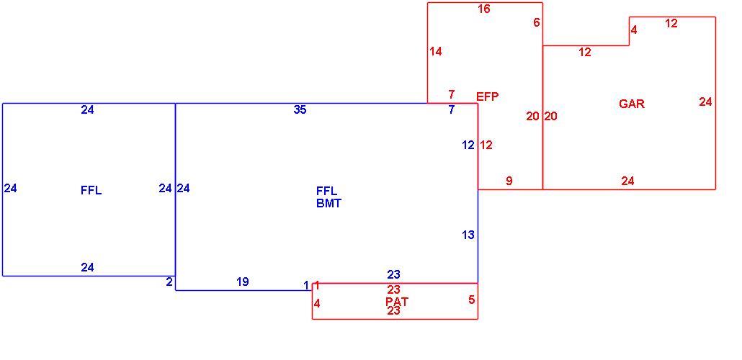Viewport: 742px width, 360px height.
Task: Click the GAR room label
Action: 632,104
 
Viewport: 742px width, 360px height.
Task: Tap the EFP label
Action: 488,97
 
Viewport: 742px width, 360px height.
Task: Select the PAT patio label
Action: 396,301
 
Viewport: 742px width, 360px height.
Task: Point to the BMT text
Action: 328,204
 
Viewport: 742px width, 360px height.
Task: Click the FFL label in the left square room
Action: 91,191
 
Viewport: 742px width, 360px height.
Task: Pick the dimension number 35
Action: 300,109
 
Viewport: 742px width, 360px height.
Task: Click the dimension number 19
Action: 242,282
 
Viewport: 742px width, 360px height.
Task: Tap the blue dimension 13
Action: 468,235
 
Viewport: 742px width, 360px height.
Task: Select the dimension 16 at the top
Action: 483,9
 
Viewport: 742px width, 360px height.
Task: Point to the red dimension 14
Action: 435,51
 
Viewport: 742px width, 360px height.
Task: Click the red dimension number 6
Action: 536,23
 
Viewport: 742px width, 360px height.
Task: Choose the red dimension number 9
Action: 509,181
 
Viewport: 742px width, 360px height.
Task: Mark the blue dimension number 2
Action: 169,282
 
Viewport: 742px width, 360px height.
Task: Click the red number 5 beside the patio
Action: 471,300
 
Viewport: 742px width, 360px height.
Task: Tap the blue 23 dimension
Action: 394,274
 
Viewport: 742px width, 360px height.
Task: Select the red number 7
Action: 452,94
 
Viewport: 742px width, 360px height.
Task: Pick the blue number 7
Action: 452,109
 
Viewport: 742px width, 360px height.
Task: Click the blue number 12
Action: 468,145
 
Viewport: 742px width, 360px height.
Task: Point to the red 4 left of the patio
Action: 317,304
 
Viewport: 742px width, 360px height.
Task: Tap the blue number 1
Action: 306,285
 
